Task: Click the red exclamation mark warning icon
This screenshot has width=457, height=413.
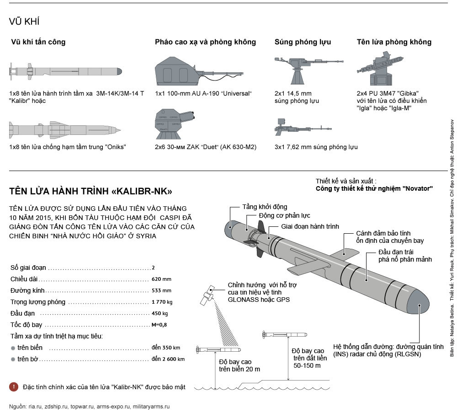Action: (x=14, y=387)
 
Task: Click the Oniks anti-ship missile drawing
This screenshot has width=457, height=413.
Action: (x=64, y=130)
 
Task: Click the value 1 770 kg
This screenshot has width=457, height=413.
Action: (x=162, y=302)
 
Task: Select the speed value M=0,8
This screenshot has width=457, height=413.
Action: (x=160, y=325)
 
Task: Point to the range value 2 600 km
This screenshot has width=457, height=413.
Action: (x=169, y=359)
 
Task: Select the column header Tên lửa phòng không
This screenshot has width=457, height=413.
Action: (x=394, y=42)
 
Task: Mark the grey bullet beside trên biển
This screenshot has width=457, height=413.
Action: (x=13, y=348)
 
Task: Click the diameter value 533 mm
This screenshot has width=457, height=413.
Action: (x=161, y=290)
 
